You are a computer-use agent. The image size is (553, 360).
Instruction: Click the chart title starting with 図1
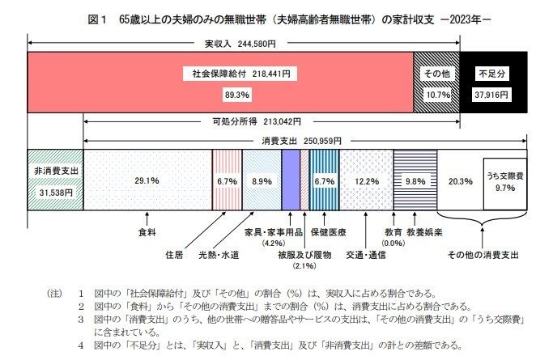(x=276, y=16)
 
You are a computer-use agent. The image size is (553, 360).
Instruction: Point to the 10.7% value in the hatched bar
(x=436, y=94)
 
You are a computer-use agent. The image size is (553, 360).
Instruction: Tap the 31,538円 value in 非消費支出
(x=54, y=193)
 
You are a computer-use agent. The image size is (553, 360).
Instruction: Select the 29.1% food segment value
(x=147, y=181)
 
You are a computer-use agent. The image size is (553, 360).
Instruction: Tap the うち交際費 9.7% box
(x=504, y=180)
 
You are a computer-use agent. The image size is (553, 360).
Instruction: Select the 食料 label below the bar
(x=147, y=231)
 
